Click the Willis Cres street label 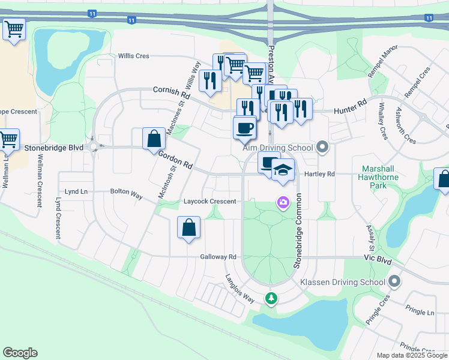[133, 56]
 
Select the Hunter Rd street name [350, 107]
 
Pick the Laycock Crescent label [210, 202]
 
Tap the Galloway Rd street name [218, 257]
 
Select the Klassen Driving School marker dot [394, 281]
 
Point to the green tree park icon [271, 298]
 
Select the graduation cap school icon [283, 170]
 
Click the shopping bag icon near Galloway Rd [188, 227]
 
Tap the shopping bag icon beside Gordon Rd [154, 138]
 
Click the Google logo [20, 353]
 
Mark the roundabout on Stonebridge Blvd [93, 146]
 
